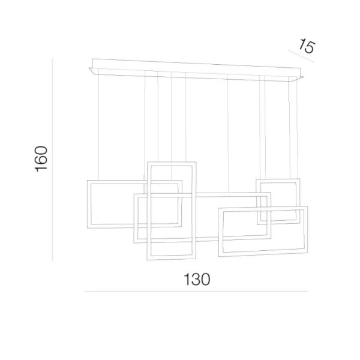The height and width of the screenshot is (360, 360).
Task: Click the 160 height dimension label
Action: (x=41, y=159)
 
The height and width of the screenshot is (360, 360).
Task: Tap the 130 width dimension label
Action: (x=197, y=279)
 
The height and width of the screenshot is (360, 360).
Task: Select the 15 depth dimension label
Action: (x=307, y=46)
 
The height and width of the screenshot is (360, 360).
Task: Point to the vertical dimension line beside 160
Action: (x=52, y=160)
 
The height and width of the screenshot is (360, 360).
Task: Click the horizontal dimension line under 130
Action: (x=197, y=291)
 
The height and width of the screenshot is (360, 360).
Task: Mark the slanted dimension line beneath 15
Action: (x=301, y=56)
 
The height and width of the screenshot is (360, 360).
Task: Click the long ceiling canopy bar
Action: (x=196, y=70)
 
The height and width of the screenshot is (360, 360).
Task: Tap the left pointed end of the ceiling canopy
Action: (x=89, y=68)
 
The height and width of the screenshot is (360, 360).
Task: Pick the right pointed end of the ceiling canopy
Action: (x=304, y=77)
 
